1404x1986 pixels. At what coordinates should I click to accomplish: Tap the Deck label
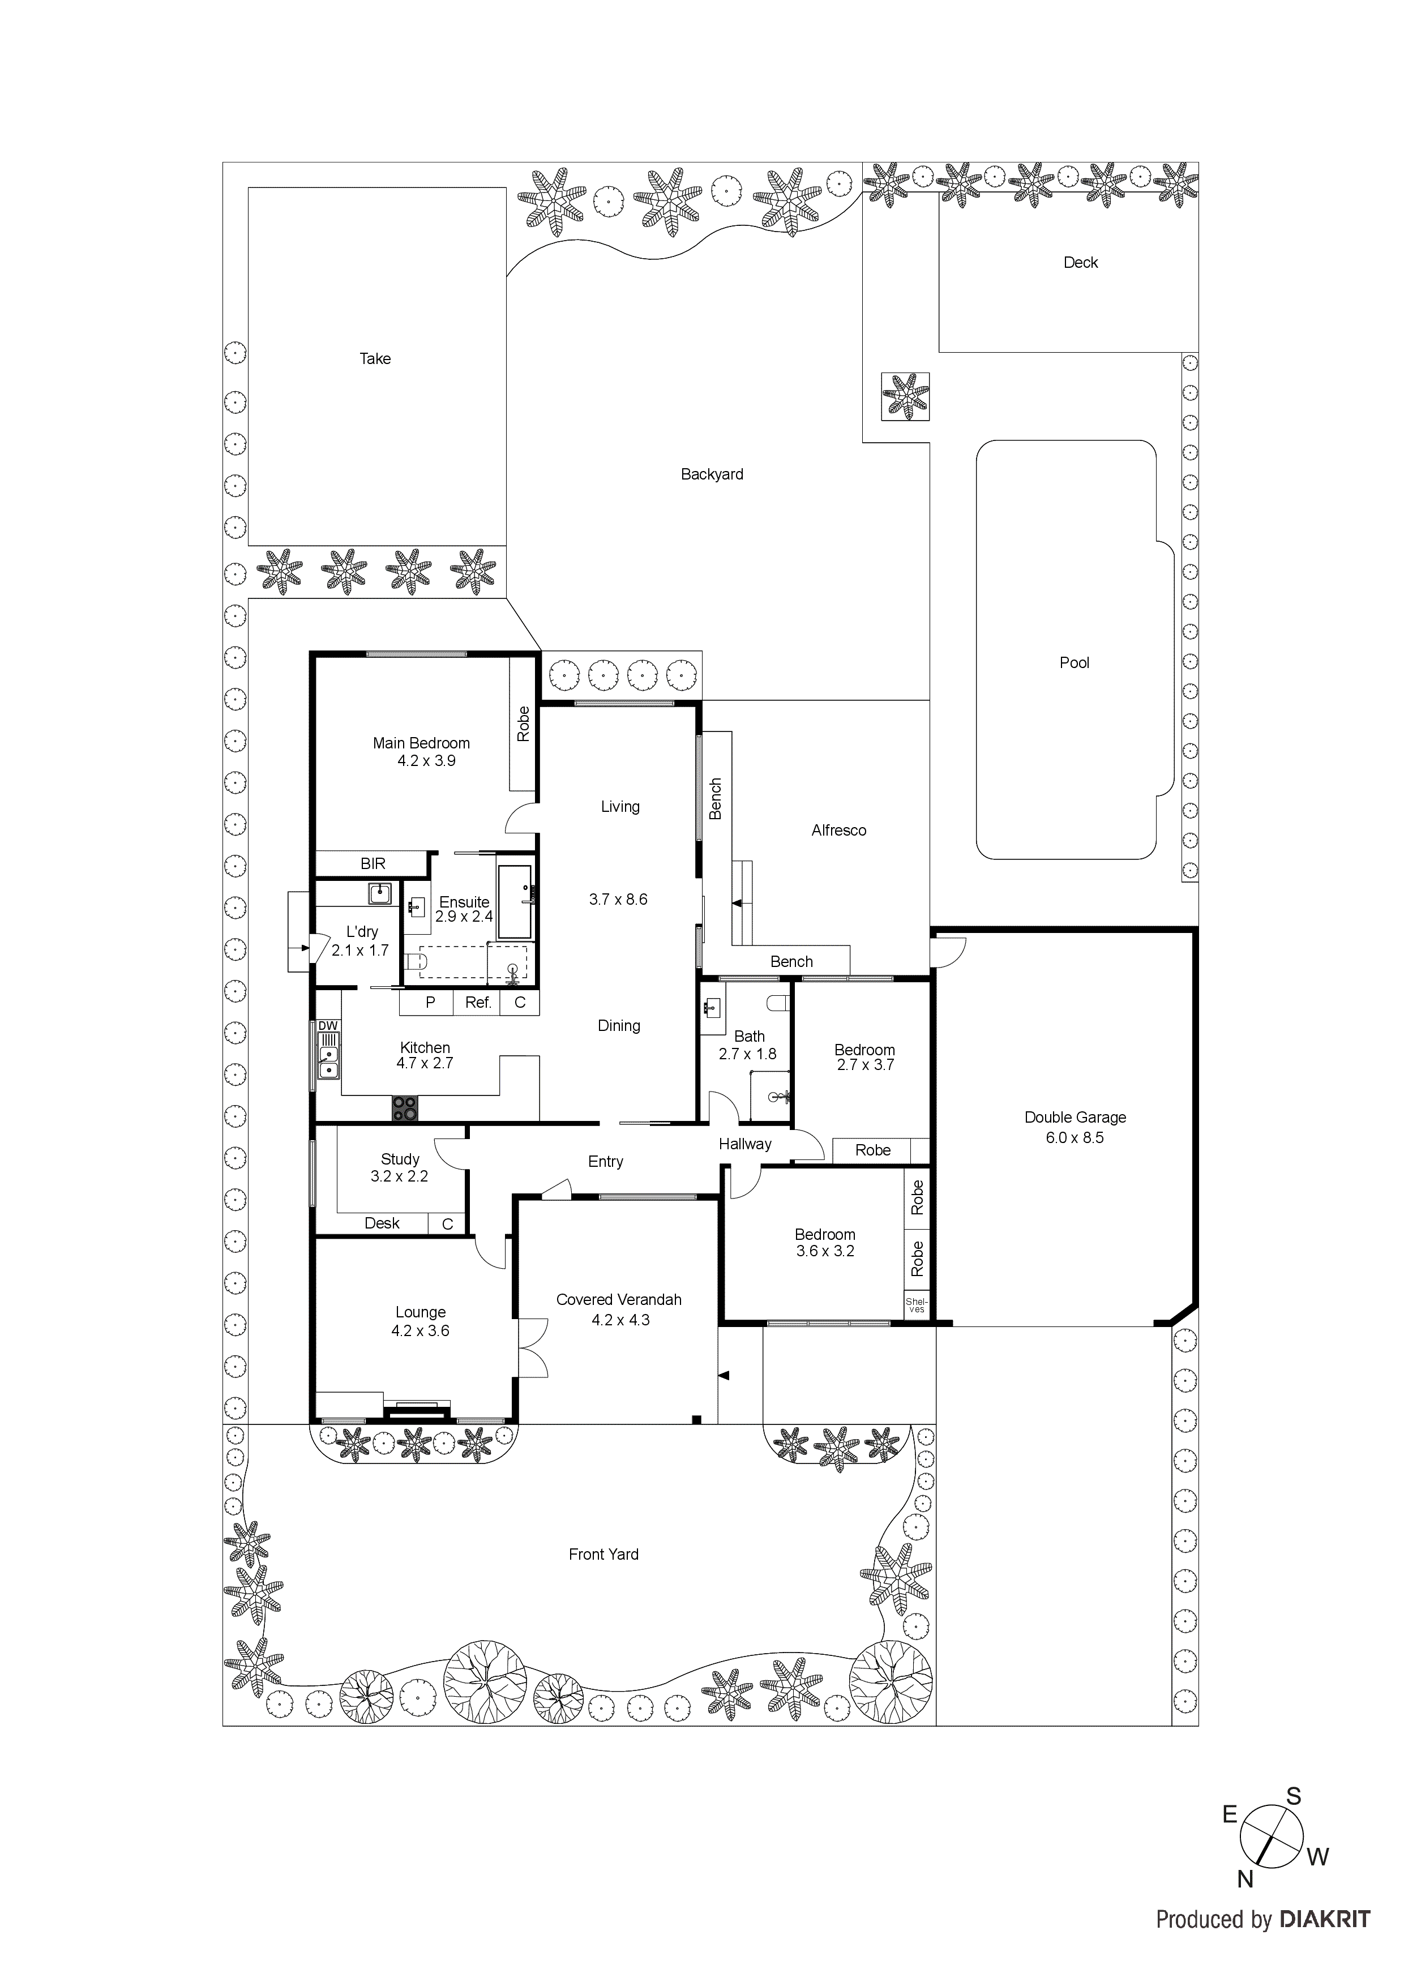(x=1081, y=262)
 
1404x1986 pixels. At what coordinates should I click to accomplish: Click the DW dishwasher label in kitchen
(x=328, y=1026)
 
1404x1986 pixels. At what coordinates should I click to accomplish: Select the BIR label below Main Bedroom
(x=373, y=863)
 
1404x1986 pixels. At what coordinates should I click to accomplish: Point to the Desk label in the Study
(x=382, y=1223)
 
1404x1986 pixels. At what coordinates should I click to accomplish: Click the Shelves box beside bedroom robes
(x=916, y=1306)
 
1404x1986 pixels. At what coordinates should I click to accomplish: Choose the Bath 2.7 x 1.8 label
(x=748, y=1044)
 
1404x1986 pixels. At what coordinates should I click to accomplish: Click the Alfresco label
(x=838, y=831)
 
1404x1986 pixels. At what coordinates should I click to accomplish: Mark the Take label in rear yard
(x=375, y=358)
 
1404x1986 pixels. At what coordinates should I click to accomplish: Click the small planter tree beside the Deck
(x=905, y=396)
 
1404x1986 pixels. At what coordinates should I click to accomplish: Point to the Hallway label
(x=745, y=1144)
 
